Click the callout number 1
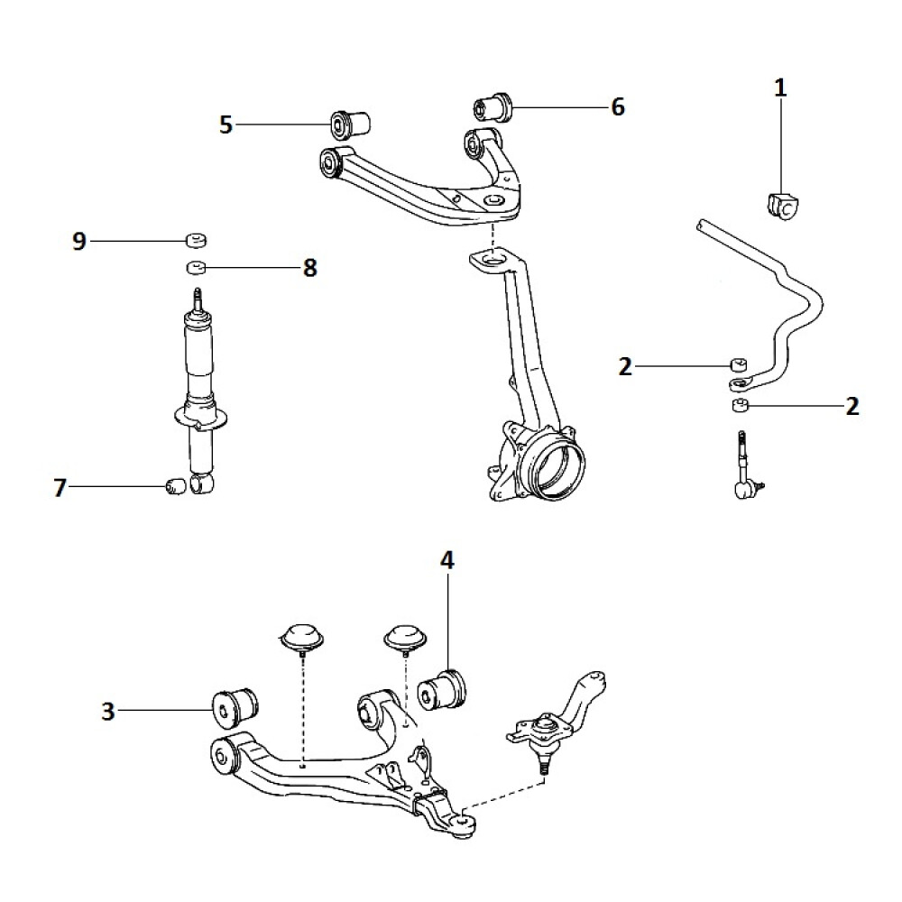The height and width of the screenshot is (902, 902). pos(780,87)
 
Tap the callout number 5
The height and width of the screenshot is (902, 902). pos(225,124)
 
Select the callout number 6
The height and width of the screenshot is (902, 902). pos(617,106)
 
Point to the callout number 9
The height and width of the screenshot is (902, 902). pos(79,241)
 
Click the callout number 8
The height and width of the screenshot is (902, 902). pos(309,268)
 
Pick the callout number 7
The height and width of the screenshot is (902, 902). pos(60,488)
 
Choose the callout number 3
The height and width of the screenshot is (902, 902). pos(108,712)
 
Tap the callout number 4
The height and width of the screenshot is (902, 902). pos(446,560)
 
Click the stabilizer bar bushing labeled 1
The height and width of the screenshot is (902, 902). pos(782,207)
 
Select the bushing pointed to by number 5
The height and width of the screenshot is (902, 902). pos(350,122)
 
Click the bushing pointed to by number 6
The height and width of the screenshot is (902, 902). pos(492,107)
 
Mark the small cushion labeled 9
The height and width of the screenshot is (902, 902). pos(196,239)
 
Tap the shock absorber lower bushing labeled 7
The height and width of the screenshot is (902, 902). pos(177,487)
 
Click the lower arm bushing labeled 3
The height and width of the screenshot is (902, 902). pos(233,707)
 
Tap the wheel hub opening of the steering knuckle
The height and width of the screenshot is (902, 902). pos(551,465)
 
